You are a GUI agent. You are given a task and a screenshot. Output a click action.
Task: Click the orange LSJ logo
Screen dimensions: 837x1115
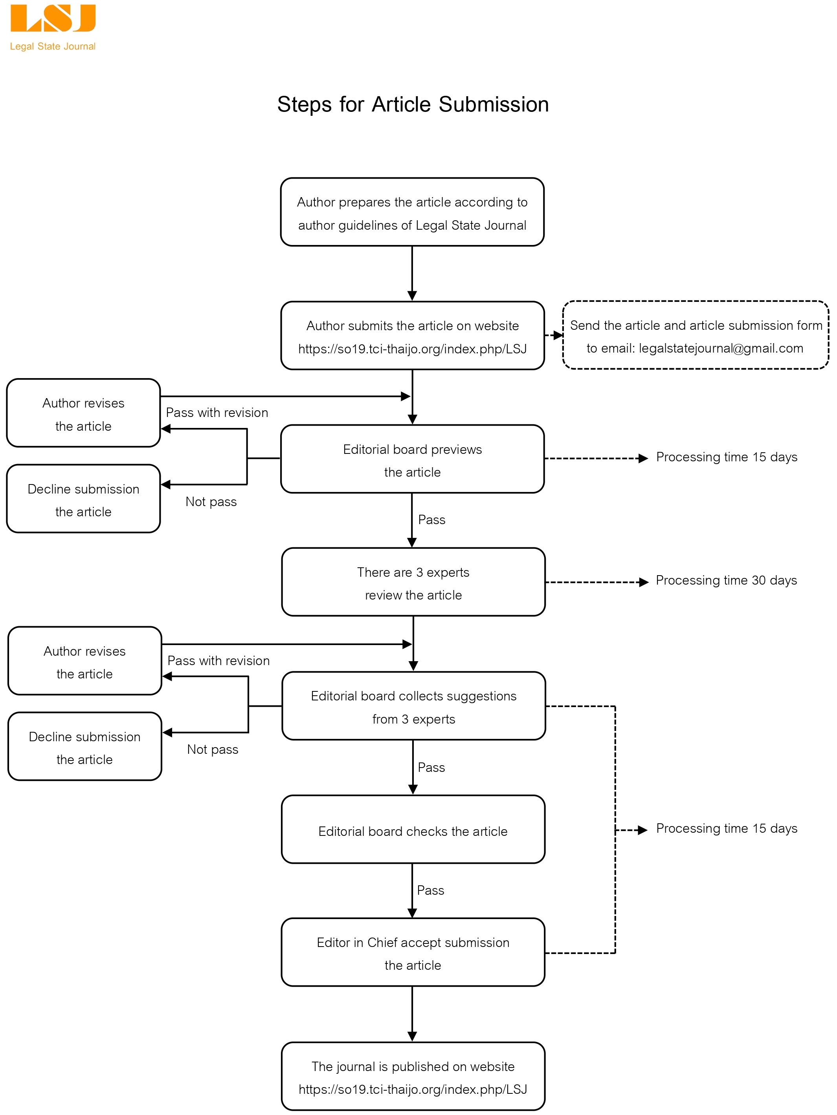tap(53, 19)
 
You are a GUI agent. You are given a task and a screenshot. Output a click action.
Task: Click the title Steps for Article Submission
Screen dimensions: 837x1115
tap(413, 104)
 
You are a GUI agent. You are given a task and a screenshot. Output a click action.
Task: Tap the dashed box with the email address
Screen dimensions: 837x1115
tap(695, 335)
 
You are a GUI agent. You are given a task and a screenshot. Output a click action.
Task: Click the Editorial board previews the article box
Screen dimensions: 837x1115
tap(412, 459)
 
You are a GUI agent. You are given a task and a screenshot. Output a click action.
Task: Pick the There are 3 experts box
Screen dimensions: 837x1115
tap(413, 582)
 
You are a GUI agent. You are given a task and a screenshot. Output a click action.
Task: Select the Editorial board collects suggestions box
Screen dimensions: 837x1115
tap(414, 706)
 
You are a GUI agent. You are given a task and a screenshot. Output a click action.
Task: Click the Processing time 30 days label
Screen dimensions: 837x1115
tap(726, 581)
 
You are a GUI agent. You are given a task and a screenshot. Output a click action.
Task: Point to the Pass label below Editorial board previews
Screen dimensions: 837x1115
tap(431, 520)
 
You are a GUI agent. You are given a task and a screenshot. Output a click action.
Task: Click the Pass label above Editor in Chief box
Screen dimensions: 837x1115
tap(430, 890)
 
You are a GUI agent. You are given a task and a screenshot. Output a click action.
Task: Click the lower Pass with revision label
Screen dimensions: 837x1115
tap(218, 661)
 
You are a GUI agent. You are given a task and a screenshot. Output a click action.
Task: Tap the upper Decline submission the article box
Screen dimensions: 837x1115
tap(83, 499)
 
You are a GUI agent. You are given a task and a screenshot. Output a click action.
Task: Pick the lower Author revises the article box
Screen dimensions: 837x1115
tap(85, 661)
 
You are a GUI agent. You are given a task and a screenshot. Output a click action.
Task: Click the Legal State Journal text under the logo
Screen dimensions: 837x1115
tap(53, 46)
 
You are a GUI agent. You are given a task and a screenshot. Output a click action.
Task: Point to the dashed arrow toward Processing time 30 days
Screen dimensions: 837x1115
tap(597, 582)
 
